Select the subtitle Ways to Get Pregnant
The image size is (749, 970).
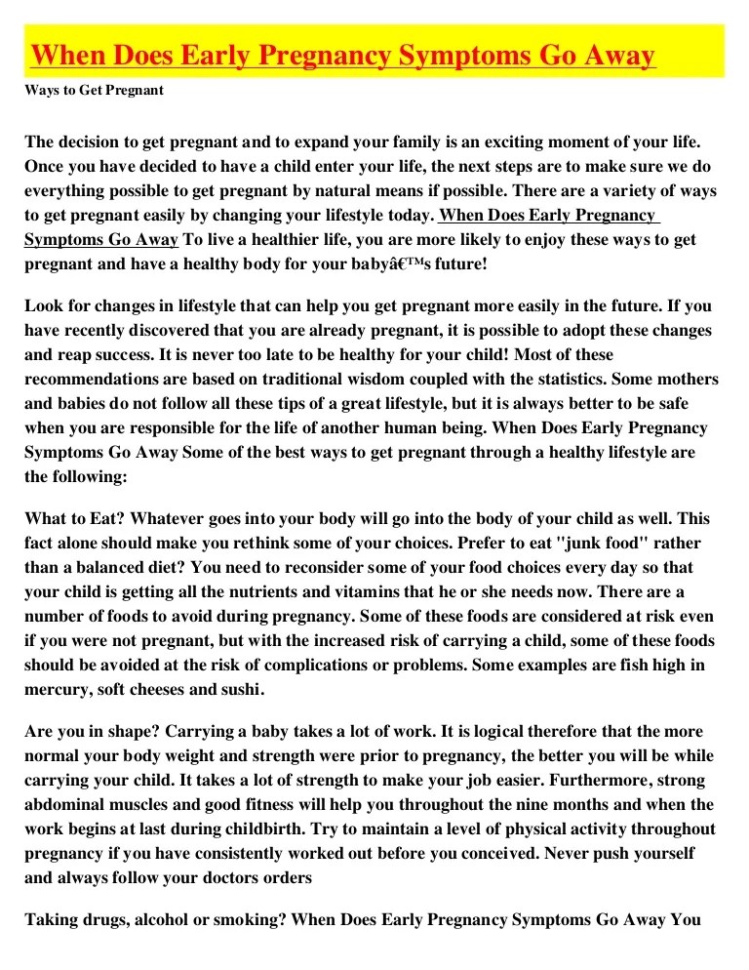pos(94,91)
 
